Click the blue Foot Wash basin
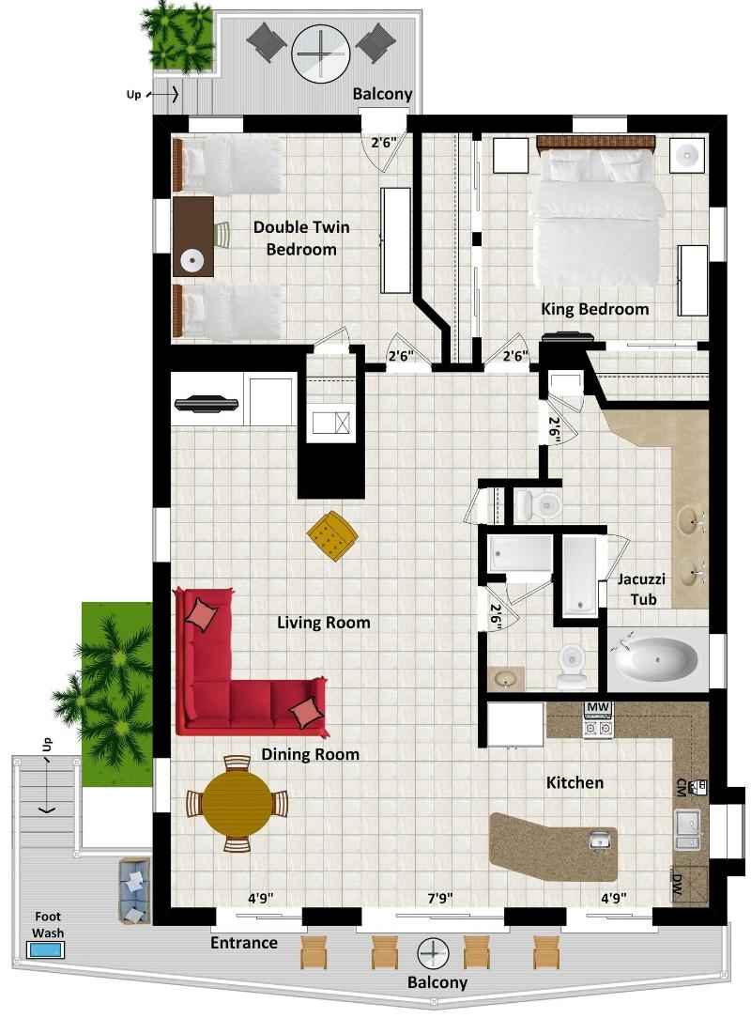45,949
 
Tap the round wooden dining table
237,803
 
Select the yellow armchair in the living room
332,536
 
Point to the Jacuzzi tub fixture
656,659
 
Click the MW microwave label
598,706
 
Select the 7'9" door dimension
439,899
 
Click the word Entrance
244,943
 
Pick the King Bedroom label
594,309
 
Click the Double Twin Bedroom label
301,238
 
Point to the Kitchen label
575,783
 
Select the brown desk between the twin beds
192,237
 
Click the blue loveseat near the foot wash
134,889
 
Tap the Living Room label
323,623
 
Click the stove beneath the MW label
599,725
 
